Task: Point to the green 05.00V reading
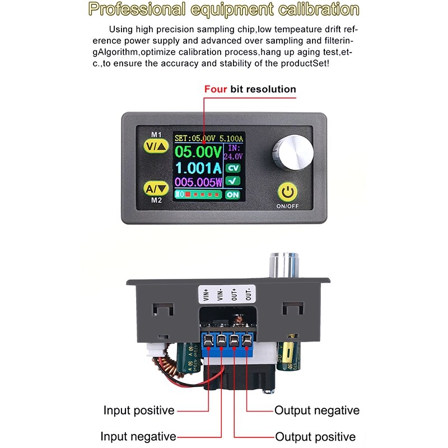coord(198,151)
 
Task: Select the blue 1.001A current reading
coord(198,167)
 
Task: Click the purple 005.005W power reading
coord(198,181)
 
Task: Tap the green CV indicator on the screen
coord(232,167)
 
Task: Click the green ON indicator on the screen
coord(232,194)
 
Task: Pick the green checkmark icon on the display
coord(232,181)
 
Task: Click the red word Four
coord(216,89)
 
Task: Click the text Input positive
coord(139,410)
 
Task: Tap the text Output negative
coord(316,410)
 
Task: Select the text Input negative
coord(138,436)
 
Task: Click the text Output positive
coord(315,437)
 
